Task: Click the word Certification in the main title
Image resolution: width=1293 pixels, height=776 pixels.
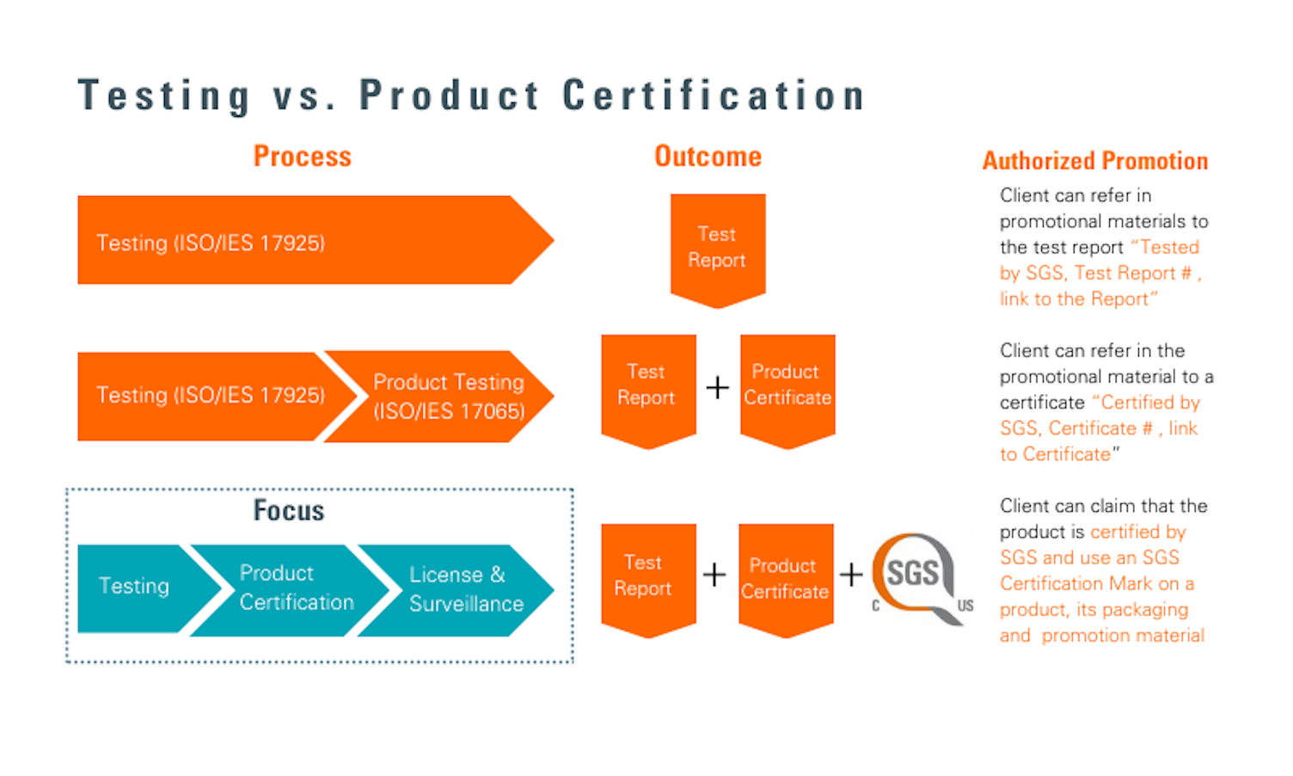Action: tap(713, 95)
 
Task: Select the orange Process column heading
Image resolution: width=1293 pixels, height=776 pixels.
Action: tap(302, 157)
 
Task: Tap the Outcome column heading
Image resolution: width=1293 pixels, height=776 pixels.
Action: tap(708, 157)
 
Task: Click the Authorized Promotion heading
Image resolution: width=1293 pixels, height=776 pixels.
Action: tap(1094, 161)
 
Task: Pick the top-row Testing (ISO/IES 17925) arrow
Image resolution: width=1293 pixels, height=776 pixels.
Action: tap(301, 241)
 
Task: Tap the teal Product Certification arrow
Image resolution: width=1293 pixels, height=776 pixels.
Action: tap(292, 588)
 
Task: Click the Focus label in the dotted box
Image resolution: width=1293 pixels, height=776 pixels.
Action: tap(289, 511)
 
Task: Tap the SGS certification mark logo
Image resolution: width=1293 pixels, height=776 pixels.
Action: tap(916, 576)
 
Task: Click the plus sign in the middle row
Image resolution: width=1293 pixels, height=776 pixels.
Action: tap(717, 388)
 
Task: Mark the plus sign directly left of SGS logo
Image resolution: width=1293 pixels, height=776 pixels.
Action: tap(850, 575)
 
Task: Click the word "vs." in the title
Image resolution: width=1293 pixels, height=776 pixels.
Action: tap(303, 95)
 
